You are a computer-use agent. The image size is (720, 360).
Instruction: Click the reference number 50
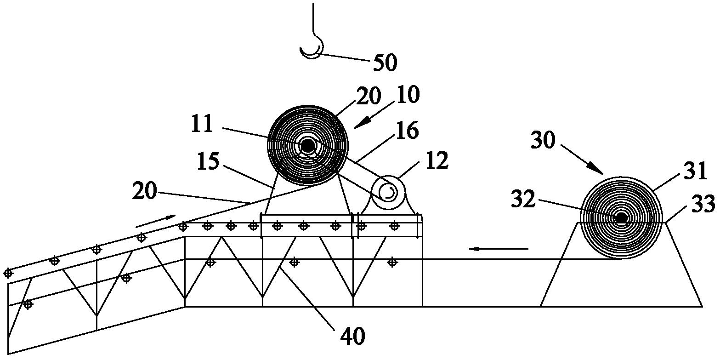point(385,63)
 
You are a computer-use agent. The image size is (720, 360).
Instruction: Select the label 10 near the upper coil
point(408,94)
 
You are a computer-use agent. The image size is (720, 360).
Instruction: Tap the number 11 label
point(202,124)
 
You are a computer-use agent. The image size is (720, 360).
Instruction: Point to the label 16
point(407,130)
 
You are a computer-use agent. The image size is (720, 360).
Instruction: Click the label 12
point(437,160)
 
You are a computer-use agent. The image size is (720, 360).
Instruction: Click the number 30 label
point(543,140)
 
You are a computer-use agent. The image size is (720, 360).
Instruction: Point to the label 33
point(704,204)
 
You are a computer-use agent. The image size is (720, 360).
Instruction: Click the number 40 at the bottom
point(353,336)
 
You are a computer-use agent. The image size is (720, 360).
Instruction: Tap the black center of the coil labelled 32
point(621,218)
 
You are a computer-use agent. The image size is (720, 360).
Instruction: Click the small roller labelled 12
point(388,192)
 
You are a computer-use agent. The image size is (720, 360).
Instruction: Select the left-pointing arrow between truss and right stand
point(498,248)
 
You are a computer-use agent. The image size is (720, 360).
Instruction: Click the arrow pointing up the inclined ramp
point(156,220)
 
